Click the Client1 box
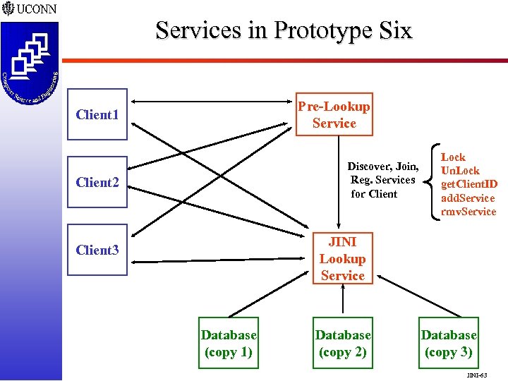click(x=97, y=114)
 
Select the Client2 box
click(x=97, y=182)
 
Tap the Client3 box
click(x=97, y=250)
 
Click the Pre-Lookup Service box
click(x=334, y=114)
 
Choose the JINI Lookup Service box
click(x=342, y=259)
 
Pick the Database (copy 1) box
click(x=229, y=344)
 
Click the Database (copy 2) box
click(x=342, y=344)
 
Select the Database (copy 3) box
click(x=449, y=344)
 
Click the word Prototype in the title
click(x=324, y=31)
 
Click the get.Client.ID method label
click(x=468, y=184)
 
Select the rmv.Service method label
click(x=468, y=212)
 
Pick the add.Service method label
click(x=468, y=198)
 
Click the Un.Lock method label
click(x=459, y=171)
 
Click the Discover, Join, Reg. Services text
click(x=383, y=180)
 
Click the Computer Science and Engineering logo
click(x=29, y=64)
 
